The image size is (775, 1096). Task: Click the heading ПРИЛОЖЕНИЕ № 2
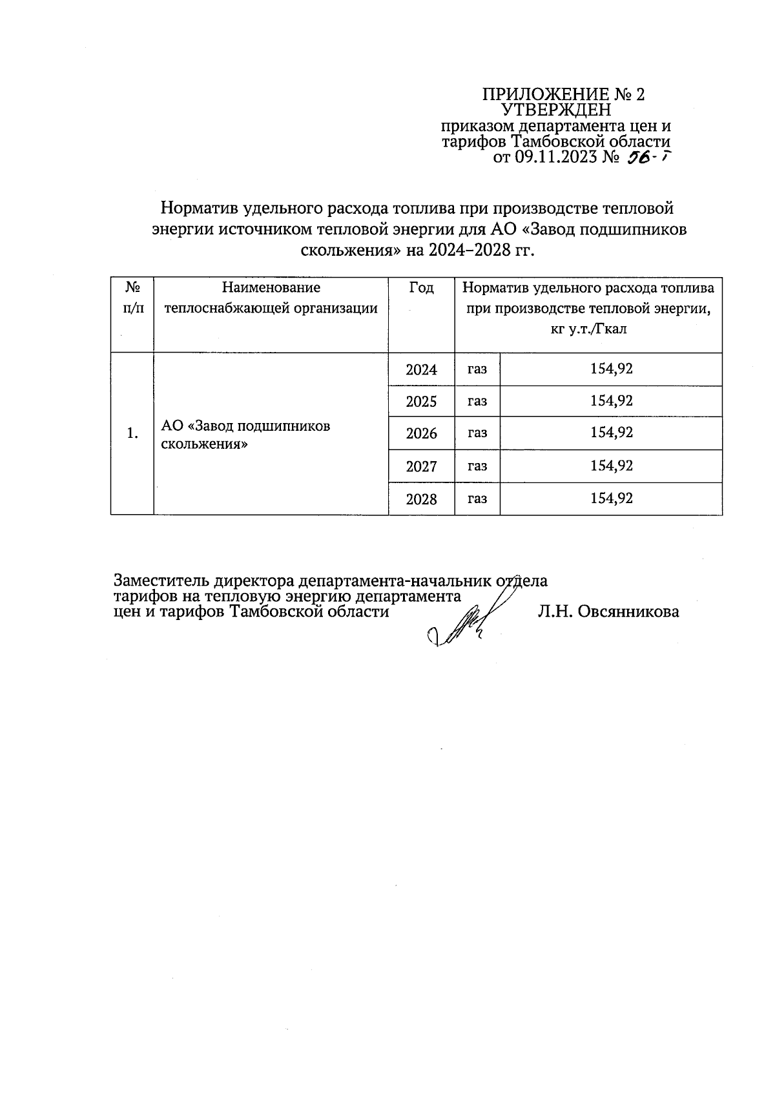(563, 94)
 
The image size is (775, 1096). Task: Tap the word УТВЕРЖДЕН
(556, 110)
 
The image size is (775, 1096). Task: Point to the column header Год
(421, 287)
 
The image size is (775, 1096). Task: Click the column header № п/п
(132, 297)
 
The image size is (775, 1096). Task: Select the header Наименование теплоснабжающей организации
(271, 298)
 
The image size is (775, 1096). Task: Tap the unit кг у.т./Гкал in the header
(588, 329)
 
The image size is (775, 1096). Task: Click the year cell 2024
(421, 370)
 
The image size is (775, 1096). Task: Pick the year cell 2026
(421, 433)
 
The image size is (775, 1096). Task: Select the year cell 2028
(421, 499)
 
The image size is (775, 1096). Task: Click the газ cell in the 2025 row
(477, 401)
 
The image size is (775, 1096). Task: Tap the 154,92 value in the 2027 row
(611, 466)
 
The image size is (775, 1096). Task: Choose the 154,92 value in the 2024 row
(611, 369)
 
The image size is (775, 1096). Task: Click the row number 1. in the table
(132, 433)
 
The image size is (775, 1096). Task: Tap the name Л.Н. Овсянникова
(608, 612)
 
